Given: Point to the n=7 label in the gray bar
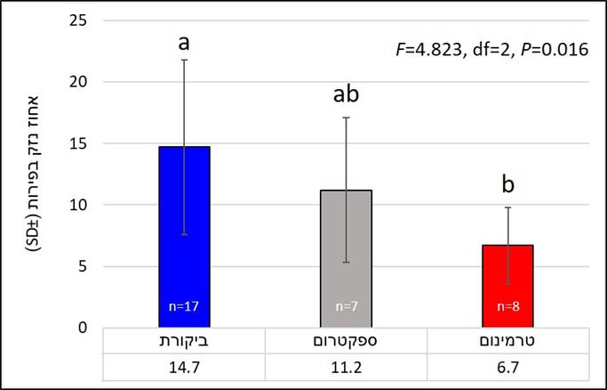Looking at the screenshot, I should [x=346, y=306].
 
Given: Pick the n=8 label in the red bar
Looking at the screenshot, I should [x=507, y=306].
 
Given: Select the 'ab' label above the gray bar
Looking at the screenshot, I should [x=346, y=94].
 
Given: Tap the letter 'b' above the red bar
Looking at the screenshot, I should [x=507, y=184].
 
